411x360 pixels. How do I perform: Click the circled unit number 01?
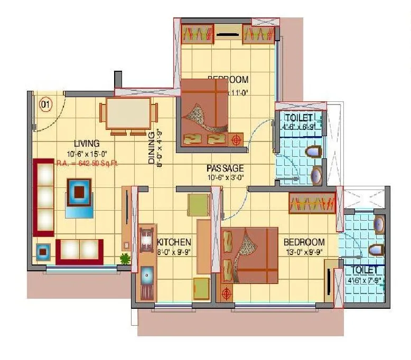pyautogui.click(x=46, y=104)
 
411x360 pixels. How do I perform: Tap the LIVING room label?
pyautogui.click(x=87, y=143)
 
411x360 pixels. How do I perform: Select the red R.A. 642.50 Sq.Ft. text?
pyautogui.click(x=88, y=163)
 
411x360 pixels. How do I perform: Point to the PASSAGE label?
pyautogui.click(x=225, y=168)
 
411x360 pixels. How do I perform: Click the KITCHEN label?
pyautogui.click(x=174, y=242)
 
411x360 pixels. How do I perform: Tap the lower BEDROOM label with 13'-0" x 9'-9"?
pyautogui.click(x=304, y=242)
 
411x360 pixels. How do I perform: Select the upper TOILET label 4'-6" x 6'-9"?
pyautogui.click(x=299, y=117)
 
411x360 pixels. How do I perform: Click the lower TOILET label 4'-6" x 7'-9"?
pyautogui.click(x=365, y=270)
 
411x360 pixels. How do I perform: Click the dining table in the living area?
pyautogui.click(x=128, y=113)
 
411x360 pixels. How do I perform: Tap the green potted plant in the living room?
pyautogui.click(x=125, y=259)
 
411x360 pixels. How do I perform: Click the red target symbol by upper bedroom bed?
pyautogui.click(x=236, y=140)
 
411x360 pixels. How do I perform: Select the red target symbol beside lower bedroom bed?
pyautogui.click(x=227, y=293)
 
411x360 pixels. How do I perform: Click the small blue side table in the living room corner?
pyautogui.click(x=43, y=252)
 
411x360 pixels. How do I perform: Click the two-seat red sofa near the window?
pyautogui.click(x=79, y=251)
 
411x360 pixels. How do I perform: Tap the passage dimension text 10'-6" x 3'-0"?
pyautogui.click(x=225, y=178)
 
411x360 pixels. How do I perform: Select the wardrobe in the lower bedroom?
pyautogui.click(x=312, y=203)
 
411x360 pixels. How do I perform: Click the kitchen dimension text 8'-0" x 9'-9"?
pyautogui.click(x=174, y=252)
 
